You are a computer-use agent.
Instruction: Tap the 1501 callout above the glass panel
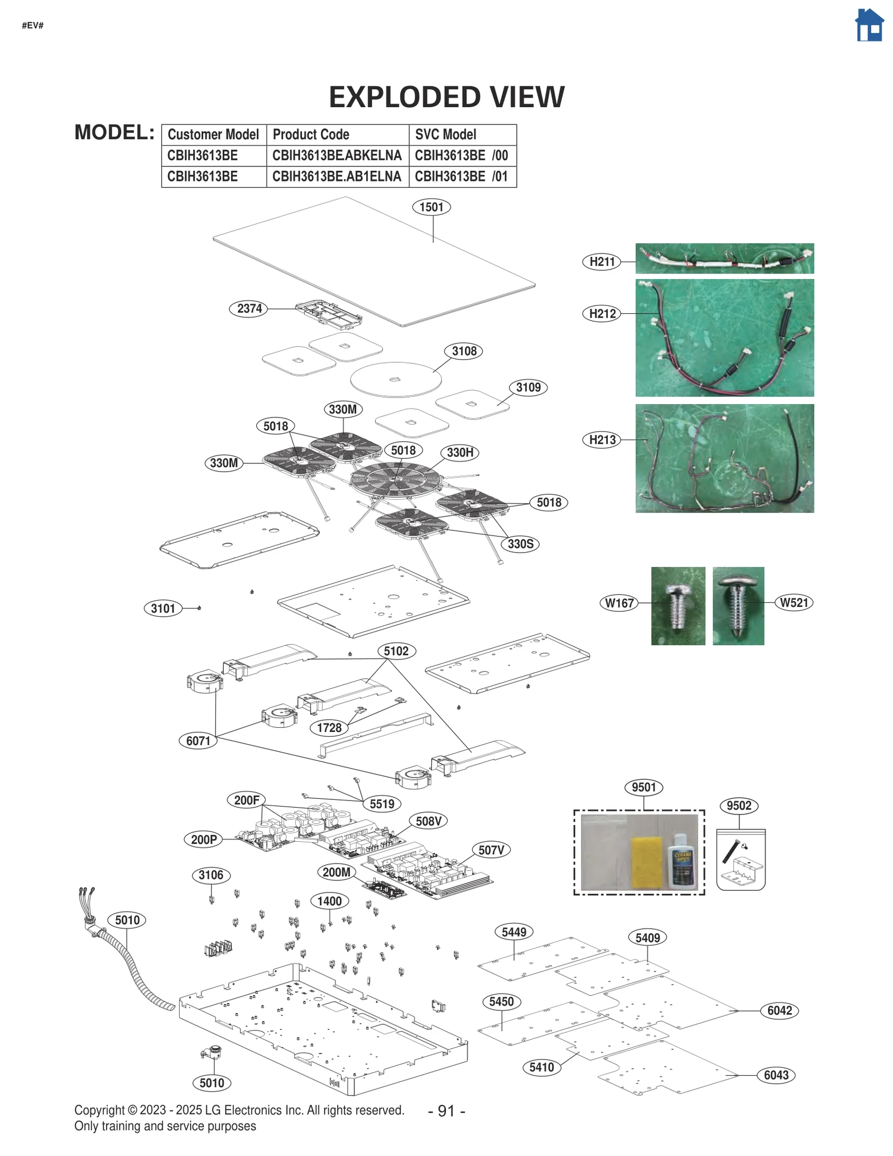431,207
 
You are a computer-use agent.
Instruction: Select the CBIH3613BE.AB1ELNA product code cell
337,176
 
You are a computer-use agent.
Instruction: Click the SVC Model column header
445,135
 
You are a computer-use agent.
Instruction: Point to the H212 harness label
602,314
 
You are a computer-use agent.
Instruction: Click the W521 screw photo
738,606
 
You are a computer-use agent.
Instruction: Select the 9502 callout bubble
738,805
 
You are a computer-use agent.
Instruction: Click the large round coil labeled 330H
395,479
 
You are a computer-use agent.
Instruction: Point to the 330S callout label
520,544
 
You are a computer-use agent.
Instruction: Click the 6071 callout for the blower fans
198,741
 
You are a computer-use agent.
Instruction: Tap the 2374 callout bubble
249,308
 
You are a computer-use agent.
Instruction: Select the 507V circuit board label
491,850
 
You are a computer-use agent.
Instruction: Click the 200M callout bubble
337,872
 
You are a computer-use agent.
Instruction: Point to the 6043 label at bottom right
776,1075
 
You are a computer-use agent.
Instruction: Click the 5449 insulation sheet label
513,932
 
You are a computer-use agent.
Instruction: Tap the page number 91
446,1111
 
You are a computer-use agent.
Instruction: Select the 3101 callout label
163,608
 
